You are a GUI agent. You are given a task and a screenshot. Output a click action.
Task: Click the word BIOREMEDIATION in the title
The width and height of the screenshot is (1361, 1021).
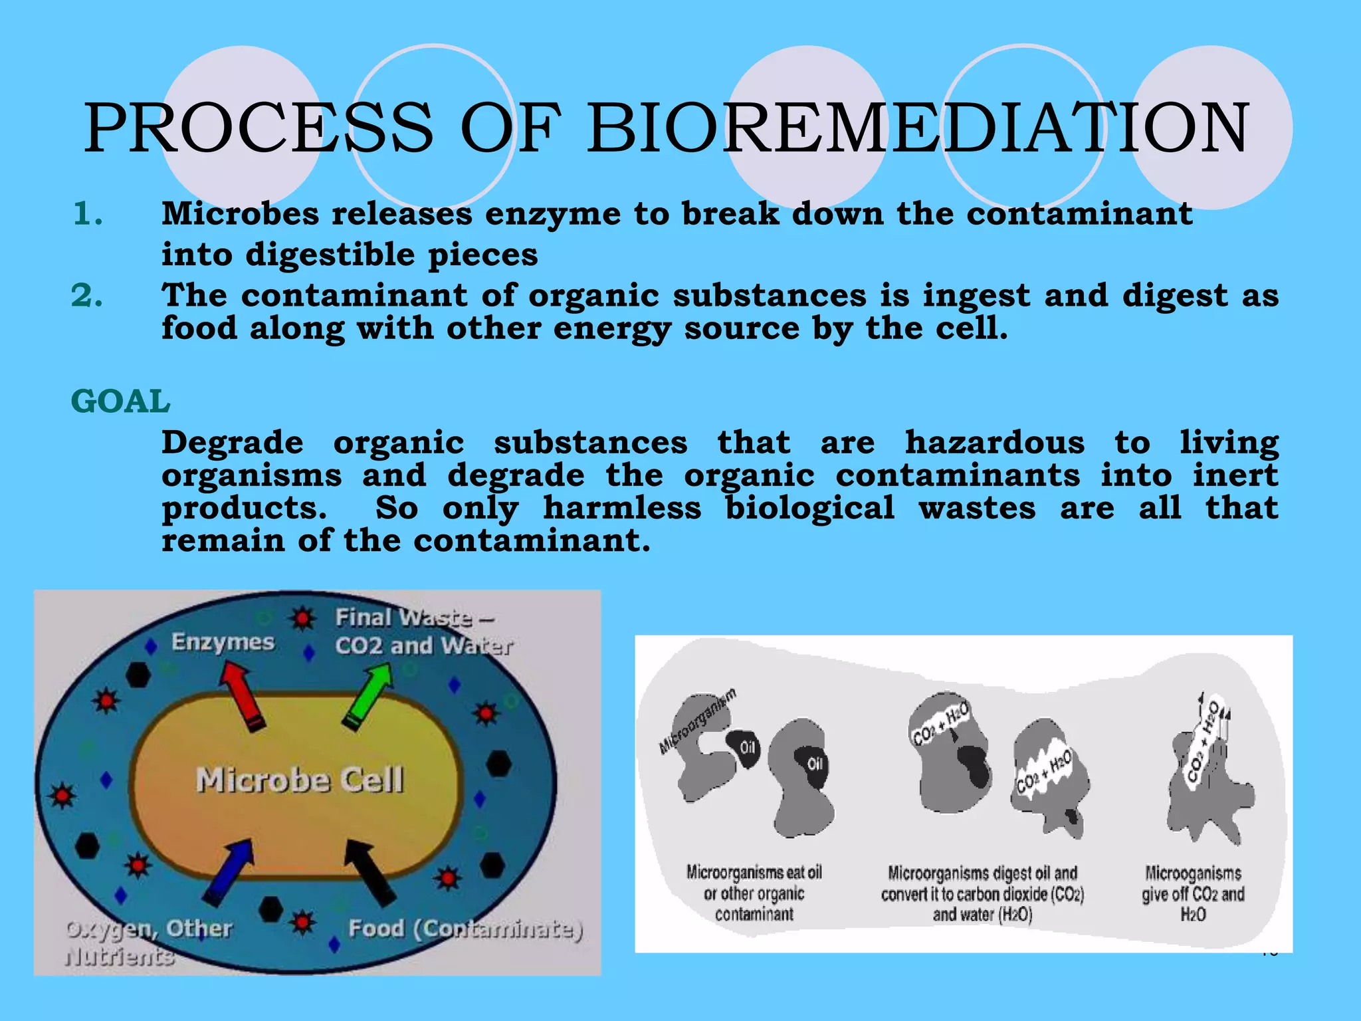tap(917, 128)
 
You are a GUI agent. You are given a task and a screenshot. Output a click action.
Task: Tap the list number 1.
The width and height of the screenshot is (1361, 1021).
tap(87, 214)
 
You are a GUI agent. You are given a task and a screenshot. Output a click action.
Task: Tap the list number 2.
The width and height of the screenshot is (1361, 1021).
tap(87, 296)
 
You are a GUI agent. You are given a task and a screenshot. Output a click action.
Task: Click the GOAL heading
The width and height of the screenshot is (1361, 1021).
tap(120, 401)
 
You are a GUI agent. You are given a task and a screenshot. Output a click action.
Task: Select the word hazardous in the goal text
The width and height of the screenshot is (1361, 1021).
tap(994, 443)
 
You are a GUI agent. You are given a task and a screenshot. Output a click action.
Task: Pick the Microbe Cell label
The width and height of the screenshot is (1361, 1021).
tap(300, 780)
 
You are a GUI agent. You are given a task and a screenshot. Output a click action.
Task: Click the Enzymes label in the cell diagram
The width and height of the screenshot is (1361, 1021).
tap(223, 642)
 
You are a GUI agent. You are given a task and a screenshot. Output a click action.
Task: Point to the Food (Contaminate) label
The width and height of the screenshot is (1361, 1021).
tap(465, 928)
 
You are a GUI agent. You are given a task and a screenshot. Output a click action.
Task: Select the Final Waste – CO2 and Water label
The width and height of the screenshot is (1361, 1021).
tap(423, 631)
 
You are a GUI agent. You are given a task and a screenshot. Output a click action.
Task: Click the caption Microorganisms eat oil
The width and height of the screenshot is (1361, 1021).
tap(754, 893)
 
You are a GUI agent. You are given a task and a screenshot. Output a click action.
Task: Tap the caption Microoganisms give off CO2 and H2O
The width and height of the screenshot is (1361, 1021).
tap(1193, 893)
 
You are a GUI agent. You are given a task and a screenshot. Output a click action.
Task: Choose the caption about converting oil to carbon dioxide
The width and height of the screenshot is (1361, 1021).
tap(982, 893)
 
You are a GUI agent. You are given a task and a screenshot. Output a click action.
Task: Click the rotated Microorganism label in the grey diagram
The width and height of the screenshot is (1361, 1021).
tap(698, 721)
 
